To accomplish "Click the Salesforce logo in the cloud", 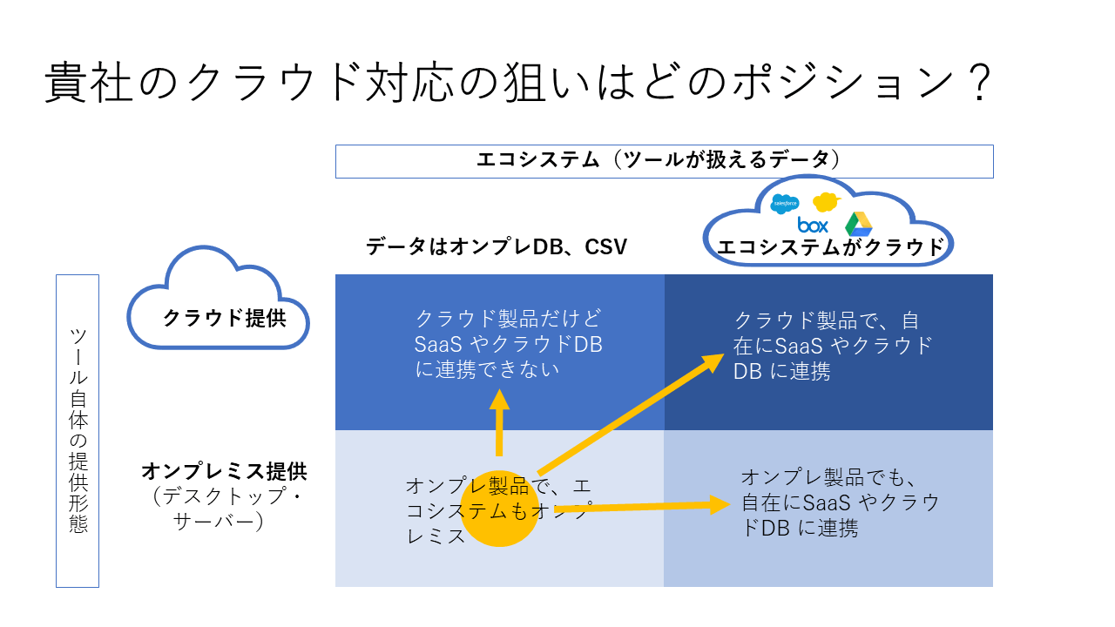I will pos(785,204).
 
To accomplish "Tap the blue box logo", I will pos(813,226).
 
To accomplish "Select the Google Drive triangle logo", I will pos(858,224).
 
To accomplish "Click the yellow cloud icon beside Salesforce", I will pos(825,202).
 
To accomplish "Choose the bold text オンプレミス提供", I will pos(224,472).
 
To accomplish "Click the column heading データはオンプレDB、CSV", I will pos(497,246).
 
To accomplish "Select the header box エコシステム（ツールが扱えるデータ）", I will pos(664,160).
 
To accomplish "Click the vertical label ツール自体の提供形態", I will pos(78,430).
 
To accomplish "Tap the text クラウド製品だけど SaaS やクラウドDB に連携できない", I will pos(509,344).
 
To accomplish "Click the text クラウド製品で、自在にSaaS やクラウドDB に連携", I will pos(832,346).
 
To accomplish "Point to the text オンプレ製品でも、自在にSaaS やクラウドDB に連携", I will pos(840,502).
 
